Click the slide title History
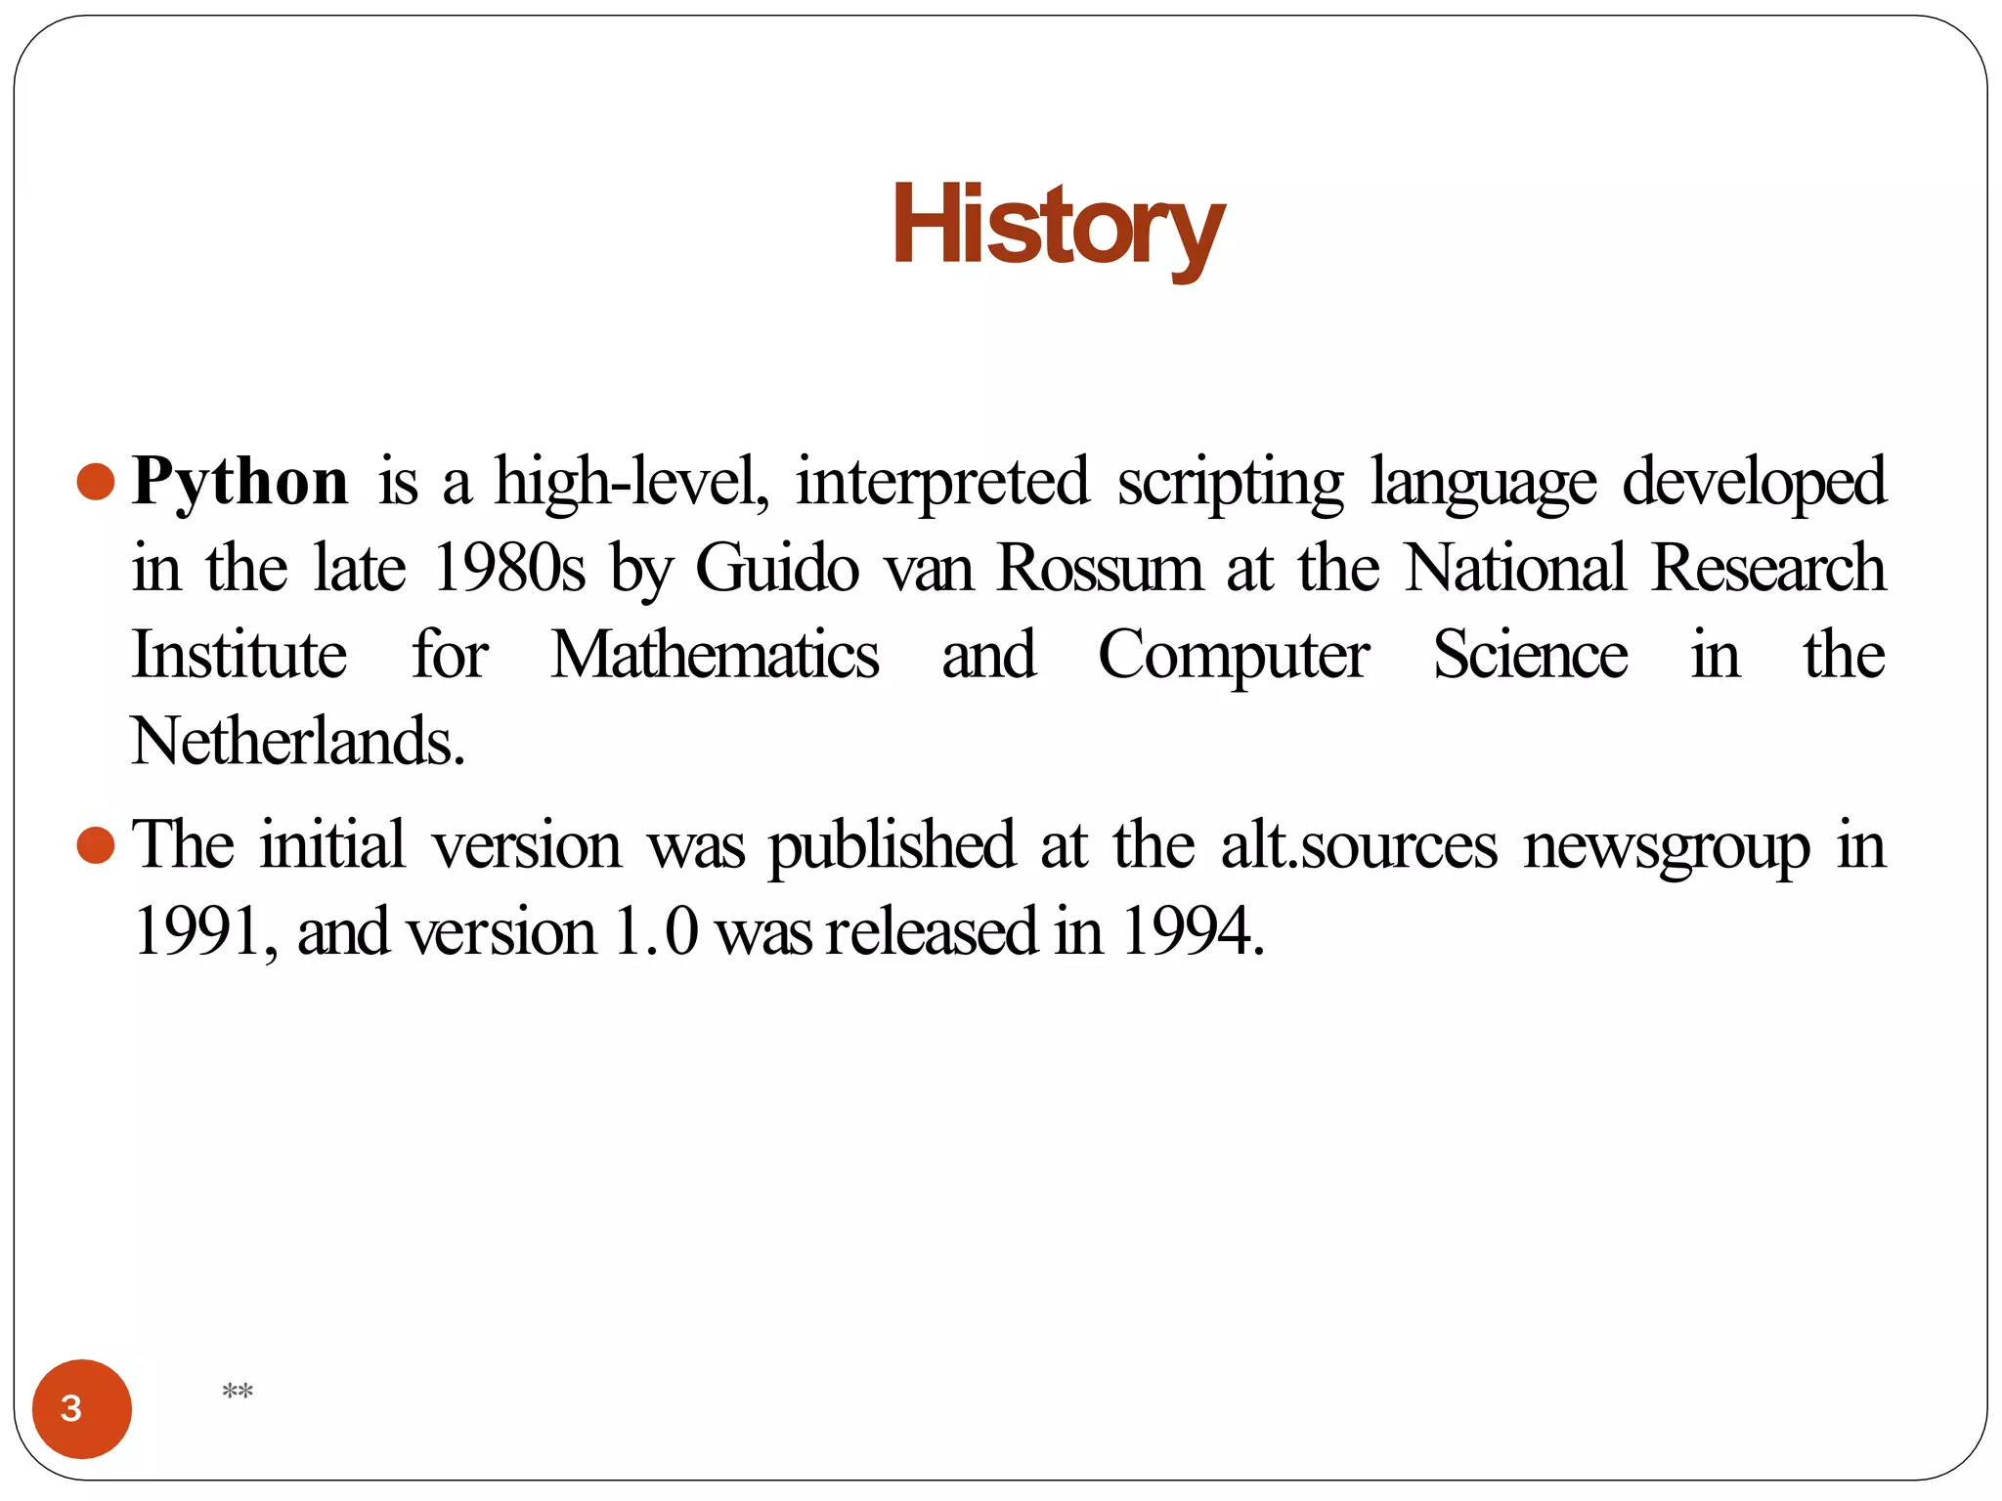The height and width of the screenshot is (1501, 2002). [x=1058, y=227]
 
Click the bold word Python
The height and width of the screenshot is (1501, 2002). [x=240, y=482]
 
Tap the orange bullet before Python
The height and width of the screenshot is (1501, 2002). [x=96, y=482]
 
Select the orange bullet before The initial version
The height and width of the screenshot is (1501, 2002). [x=96, y=845]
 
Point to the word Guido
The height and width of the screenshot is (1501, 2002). [x=777, y=568]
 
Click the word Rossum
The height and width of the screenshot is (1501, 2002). [x=1100, y=568]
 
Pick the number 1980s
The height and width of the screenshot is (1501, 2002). [x=509, y=568]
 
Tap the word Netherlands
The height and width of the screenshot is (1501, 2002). [x=297, y=741]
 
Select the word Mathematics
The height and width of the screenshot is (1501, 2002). [x=715, y=655]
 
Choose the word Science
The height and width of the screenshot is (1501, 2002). [x=1531, y=655]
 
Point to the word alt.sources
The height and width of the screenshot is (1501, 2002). [x=1359, y=845]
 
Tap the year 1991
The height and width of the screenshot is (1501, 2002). [x=198, y=931]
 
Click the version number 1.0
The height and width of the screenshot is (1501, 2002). [x=656, y=931]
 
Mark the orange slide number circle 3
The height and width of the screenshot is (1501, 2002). [x=82, y=1408]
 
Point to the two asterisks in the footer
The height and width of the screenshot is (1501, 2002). [x=238, y=1392]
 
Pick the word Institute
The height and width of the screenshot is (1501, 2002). [x=239, y=655]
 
